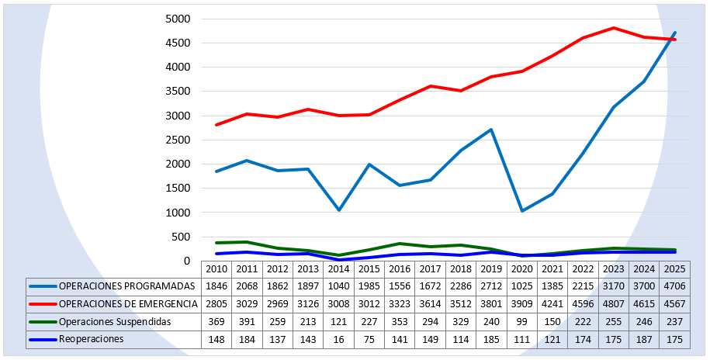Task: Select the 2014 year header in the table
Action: coord(338,268)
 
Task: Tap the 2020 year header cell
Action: coord(521,268)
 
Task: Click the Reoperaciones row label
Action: coord(92,339)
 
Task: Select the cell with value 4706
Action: coord(674,286)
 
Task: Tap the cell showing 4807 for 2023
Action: coord(613,303)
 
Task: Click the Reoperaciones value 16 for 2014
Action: coord(338,339)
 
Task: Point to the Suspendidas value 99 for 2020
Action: coord(521,321)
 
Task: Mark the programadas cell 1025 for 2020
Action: coord(521,286)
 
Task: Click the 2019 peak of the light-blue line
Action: coord(491,130)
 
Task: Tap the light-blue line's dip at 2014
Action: coord(338,210)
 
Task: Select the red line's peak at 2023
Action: coord(613,28)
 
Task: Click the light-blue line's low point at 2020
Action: coord(521,211)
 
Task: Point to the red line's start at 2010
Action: coord(216,125)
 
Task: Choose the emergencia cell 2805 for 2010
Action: coord(216,303)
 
